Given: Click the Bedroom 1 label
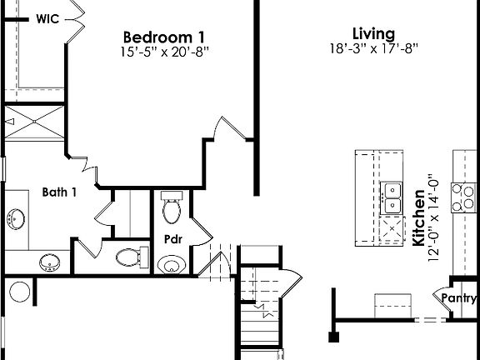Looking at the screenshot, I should click(x=164, y=37).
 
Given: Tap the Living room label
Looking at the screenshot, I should click(x=372, y=33).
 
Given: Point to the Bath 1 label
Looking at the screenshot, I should click(x=60, y=192).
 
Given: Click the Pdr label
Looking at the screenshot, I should click(x=173, y=240).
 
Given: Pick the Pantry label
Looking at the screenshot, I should click(x=460, y=298).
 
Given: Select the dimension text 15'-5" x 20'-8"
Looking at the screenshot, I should click(x=164, y=52).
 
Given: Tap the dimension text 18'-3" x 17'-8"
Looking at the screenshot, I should click(x=372, y=48).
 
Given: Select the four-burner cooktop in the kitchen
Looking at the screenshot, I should click(x=461, y=197).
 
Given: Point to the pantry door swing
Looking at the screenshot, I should click(x=441, y=295).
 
